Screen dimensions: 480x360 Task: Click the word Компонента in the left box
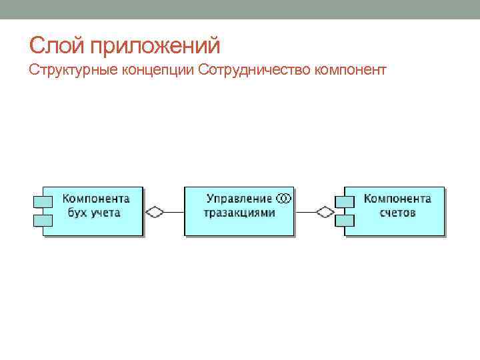point(96,199)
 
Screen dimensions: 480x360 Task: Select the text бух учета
point(94,213)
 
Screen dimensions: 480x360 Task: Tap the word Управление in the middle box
point(239,199)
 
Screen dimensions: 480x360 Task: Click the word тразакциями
point(239,213)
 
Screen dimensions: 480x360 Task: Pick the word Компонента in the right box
point(397,199)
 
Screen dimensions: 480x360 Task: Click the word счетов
point(397,213)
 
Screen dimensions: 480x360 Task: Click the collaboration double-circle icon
point(283,198)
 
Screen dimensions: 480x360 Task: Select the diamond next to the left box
point(155,212)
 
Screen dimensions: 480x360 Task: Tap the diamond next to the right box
point(325,212)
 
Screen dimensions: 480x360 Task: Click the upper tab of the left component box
point(42,200)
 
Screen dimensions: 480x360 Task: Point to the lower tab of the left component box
point(42,219)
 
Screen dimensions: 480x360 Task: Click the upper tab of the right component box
point(343,200)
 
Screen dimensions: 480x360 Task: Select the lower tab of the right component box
point(343,219)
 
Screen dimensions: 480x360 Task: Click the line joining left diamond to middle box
point(174,212)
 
